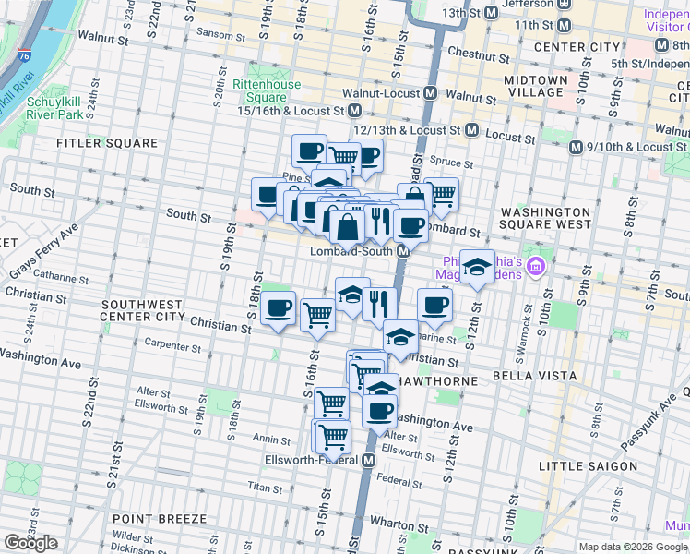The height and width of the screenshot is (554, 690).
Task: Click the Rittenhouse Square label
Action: (267, 90)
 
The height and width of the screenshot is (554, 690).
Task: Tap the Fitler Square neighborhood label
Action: (107, 143)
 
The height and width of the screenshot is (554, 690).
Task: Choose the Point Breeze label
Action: (152, 519)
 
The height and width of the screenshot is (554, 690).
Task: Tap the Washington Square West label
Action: (544, 218)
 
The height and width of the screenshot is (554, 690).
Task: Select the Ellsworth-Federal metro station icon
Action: (369, 460)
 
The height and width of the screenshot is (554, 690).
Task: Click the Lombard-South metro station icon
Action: (403, 252)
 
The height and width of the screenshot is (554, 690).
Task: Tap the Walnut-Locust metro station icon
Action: (431, 93)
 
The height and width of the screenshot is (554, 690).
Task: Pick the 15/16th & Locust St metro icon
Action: (354, 110)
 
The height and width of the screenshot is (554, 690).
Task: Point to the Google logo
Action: (30, 543)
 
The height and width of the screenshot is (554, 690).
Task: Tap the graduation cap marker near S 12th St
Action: (476, 267)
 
